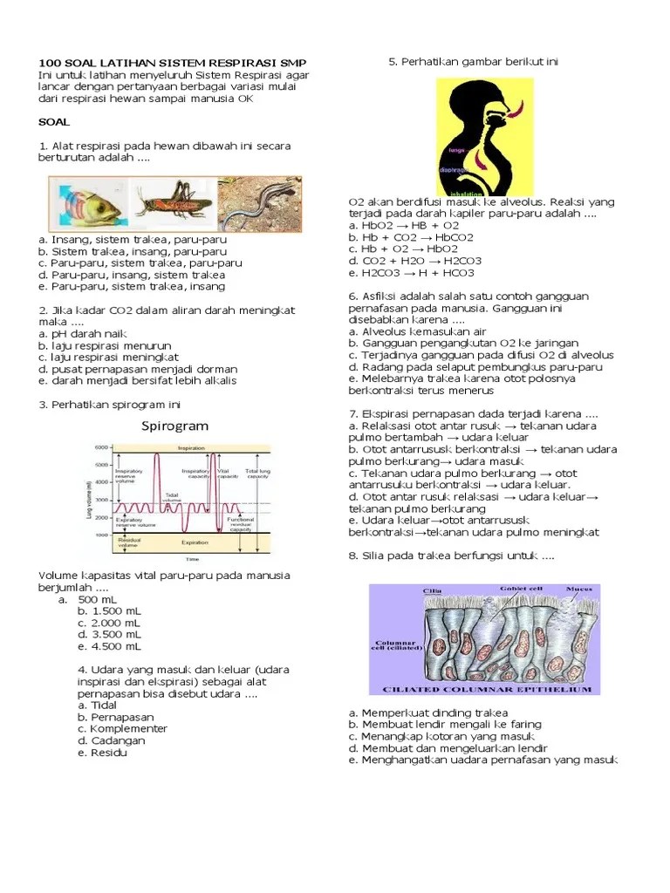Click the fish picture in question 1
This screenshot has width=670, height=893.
tap(88, 202)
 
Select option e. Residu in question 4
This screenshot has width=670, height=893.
tap(102, 753)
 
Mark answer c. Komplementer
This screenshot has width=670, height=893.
tap(122, 728)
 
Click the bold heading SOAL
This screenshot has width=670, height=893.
tap(54, 122)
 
